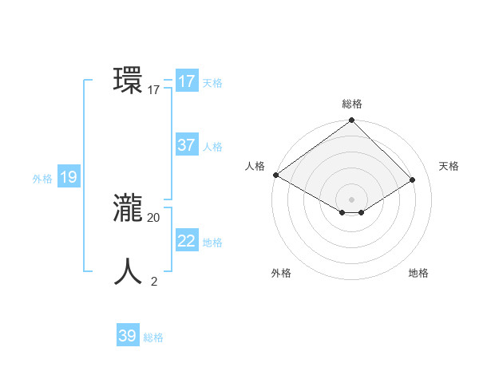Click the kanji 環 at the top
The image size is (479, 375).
pos(128,81)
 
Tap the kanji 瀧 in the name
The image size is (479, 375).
pos(128,208)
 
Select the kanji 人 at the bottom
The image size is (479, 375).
pos(128,271)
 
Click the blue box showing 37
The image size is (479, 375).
pos(187,145)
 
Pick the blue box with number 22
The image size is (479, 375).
pos(187,241)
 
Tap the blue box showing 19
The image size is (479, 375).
pos(69,177)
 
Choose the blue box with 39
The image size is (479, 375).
pos(128,336)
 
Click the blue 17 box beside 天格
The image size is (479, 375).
pos(187,81)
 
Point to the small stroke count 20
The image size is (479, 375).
pos(154,217)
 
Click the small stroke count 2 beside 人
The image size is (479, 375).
pos(154,281)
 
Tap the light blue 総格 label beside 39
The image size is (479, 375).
pos(153,337)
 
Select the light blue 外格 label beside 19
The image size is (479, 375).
pos(42,179)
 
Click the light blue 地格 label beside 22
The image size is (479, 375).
pos(212,243)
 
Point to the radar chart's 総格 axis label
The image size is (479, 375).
pos(352,104)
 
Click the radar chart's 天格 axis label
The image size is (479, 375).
pos(449,166)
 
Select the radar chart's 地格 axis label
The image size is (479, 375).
pos(418,273)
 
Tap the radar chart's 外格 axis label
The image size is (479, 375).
pos(281,273)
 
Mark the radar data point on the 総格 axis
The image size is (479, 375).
pos(352,121)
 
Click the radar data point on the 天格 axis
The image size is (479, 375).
pos(413,180)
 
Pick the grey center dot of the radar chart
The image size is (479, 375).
pos(352,199)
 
